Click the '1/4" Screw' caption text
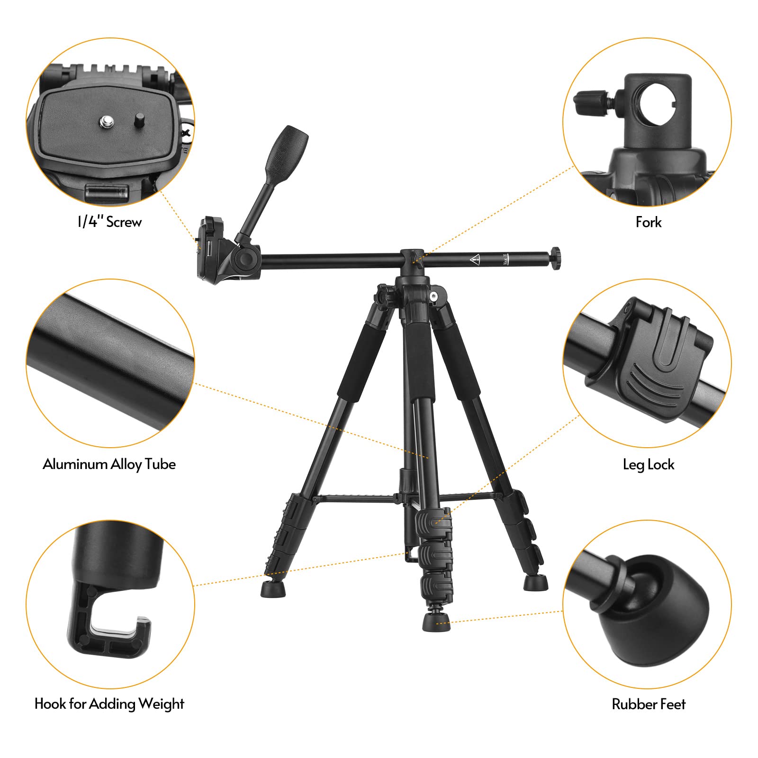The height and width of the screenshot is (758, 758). click(x=109, y=222)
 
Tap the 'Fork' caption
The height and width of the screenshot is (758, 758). click(x=648, y=222)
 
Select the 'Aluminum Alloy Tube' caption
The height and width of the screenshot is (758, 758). click(x=109, y=464)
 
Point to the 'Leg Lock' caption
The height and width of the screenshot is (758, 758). click(x=648, y=464)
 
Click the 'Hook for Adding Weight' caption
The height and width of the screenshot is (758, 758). click(x=109, y=704)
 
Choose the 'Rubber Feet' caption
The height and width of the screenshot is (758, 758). click(x=648, y=704)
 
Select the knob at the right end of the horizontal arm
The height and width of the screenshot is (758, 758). click(x=556, y=256)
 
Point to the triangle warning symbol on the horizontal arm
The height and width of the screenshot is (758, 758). click(x=475, y=259)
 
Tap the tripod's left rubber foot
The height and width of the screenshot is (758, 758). click(x=273, y=589)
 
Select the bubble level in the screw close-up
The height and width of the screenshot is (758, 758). click(x=107, y=191)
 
